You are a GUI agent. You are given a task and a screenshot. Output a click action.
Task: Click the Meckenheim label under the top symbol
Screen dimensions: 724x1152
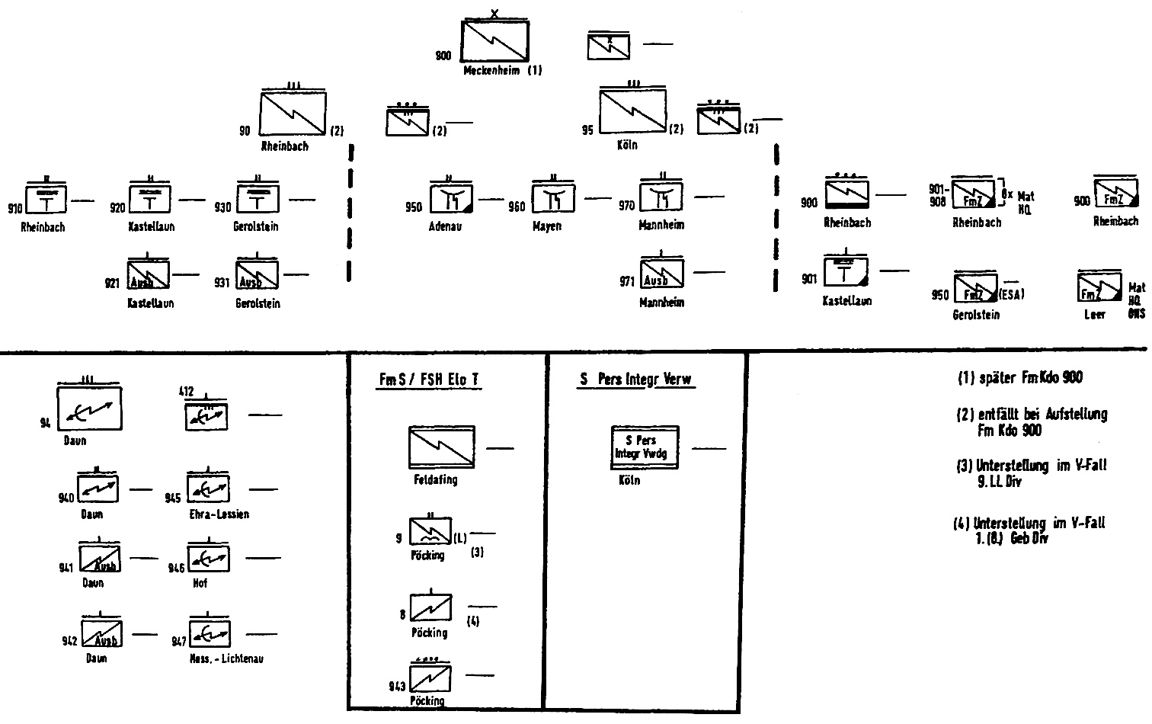pos(492,71)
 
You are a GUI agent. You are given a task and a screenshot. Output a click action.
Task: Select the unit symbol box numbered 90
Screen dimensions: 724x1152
pos(293,114)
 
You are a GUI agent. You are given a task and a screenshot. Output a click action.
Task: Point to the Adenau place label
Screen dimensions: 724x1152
pos(445,226)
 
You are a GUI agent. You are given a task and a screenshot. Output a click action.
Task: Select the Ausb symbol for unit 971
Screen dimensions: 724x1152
pos(661,274)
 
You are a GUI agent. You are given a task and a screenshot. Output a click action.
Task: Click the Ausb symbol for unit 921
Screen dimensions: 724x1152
pos(148,275)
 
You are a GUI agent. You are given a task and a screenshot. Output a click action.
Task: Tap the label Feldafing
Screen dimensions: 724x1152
pos(436,480)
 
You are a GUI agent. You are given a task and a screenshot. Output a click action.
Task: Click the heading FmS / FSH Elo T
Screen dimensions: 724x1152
pos(429,380)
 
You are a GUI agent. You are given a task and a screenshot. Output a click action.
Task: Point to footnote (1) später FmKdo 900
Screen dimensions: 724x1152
pos(1019,377)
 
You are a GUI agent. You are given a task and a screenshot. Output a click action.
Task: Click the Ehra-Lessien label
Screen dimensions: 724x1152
pos(219,514)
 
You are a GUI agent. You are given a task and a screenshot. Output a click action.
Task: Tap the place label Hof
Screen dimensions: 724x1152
pos(200,583)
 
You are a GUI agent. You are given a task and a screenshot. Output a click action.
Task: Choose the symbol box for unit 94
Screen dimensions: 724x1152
pos(89,408)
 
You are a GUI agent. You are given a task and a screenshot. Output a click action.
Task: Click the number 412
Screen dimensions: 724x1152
pos(187,392)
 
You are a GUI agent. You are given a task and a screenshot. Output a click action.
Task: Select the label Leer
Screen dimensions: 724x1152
pos(1094,314)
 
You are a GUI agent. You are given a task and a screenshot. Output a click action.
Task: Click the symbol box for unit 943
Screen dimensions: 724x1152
pos(430,678)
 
